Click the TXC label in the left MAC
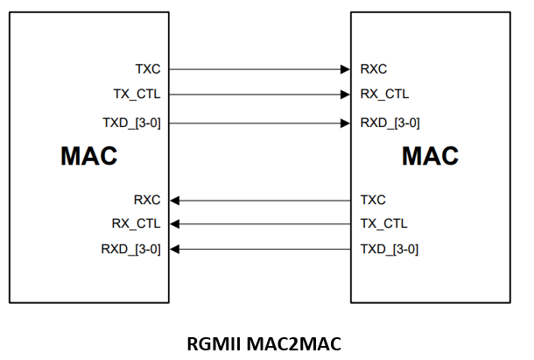[148, 68]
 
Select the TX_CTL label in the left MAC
[137, 95]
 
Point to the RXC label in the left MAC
[147, 200]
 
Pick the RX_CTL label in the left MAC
[137, 223]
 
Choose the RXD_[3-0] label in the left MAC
[131, 250]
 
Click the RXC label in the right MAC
[374, 68]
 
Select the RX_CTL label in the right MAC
[384, 95]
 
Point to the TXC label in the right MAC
[373, 200]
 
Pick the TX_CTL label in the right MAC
[383, 223]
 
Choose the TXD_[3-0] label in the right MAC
[389, 250]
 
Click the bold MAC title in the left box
[88, 157]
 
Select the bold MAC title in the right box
[430, 157]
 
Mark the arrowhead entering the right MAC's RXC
[345, 68]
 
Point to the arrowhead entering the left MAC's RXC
[175, 200]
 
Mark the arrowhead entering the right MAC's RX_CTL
[345, 95]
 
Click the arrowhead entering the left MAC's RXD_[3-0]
[175, 250]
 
